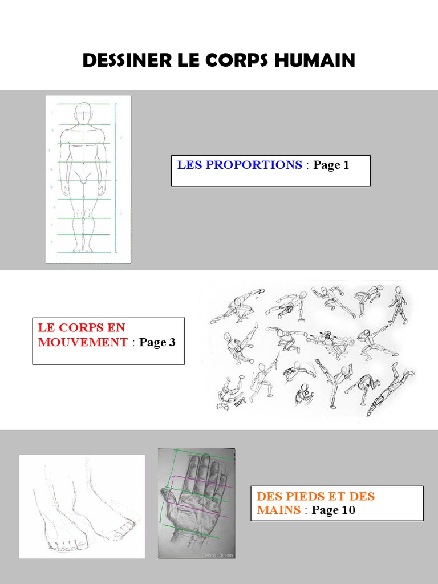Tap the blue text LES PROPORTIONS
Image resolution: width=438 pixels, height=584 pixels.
240,165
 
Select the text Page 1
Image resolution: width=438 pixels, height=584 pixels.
331,165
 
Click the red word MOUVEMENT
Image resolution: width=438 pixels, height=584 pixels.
83,342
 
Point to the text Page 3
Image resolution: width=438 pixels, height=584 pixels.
157,342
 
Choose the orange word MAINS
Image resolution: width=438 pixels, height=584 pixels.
278,509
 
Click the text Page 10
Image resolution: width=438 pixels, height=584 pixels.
333,510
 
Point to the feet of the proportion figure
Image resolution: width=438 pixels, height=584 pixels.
83,249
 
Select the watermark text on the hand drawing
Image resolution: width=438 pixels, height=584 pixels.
218,555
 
